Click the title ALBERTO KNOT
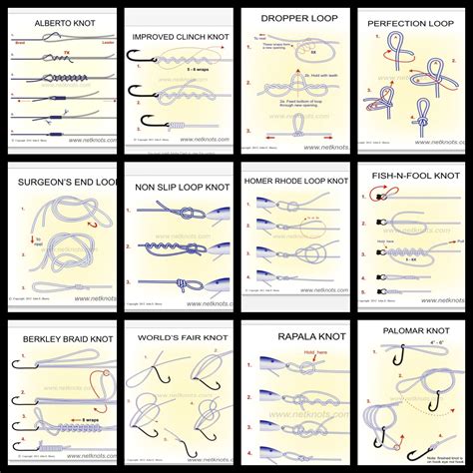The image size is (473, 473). tap(56, 22)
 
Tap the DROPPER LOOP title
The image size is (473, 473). tap(295, 18)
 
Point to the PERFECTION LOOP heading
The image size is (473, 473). tap(410, 22)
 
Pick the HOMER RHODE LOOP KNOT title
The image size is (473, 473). tap(295, 183)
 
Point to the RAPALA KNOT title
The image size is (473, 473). tap(295, 336)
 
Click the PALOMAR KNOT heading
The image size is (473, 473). tap(410, 328)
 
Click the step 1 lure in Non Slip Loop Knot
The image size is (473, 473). tap(200, 215)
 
